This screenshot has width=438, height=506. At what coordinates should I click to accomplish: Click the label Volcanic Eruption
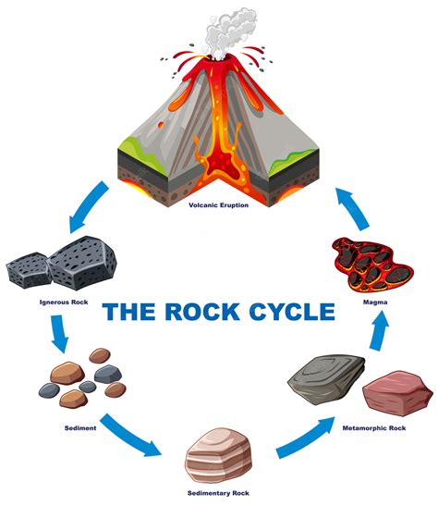point(218,204)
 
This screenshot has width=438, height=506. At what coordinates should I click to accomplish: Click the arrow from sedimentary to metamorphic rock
point(306,438)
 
